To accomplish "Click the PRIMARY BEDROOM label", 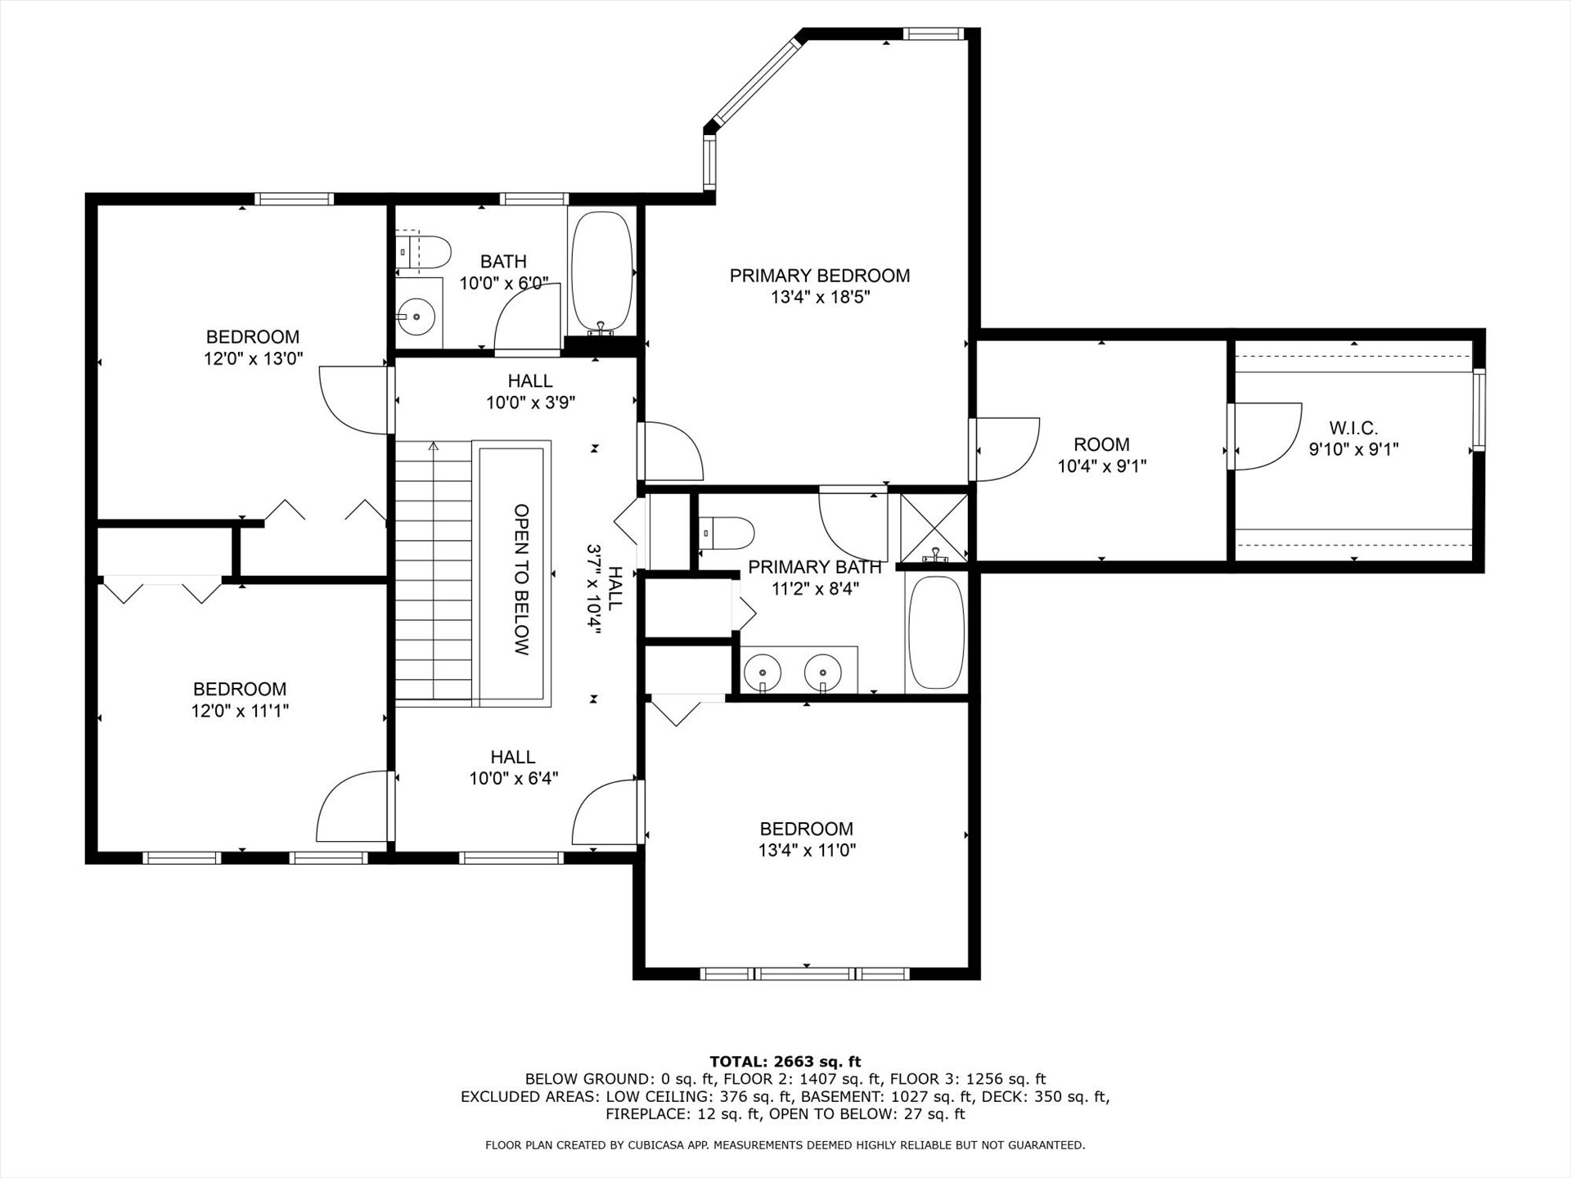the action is point(820,276).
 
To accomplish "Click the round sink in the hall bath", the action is point(418,314).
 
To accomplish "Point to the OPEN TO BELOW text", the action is point(522,579).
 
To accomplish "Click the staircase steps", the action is point(434,570).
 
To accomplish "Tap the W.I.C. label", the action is point(1353,428).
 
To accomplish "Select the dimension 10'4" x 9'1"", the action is point(1102,466).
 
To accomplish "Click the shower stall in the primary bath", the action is point(934,527).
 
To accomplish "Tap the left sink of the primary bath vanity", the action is point(763,672).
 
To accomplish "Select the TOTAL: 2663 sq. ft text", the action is point(785,1062).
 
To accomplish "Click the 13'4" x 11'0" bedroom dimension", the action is point(807,850).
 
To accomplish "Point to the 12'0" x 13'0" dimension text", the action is point(252,357).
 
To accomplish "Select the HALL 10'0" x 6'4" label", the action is point(514,767).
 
